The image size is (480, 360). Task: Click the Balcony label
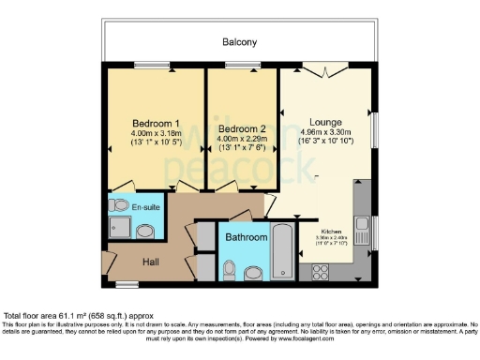(239, 42)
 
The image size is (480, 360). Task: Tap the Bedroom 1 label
(156, 124)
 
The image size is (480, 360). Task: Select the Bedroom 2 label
(242, 128)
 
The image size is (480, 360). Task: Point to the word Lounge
(326, 122)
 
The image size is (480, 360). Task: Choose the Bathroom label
(246, 238)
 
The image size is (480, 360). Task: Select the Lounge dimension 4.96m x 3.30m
(326, 132)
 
